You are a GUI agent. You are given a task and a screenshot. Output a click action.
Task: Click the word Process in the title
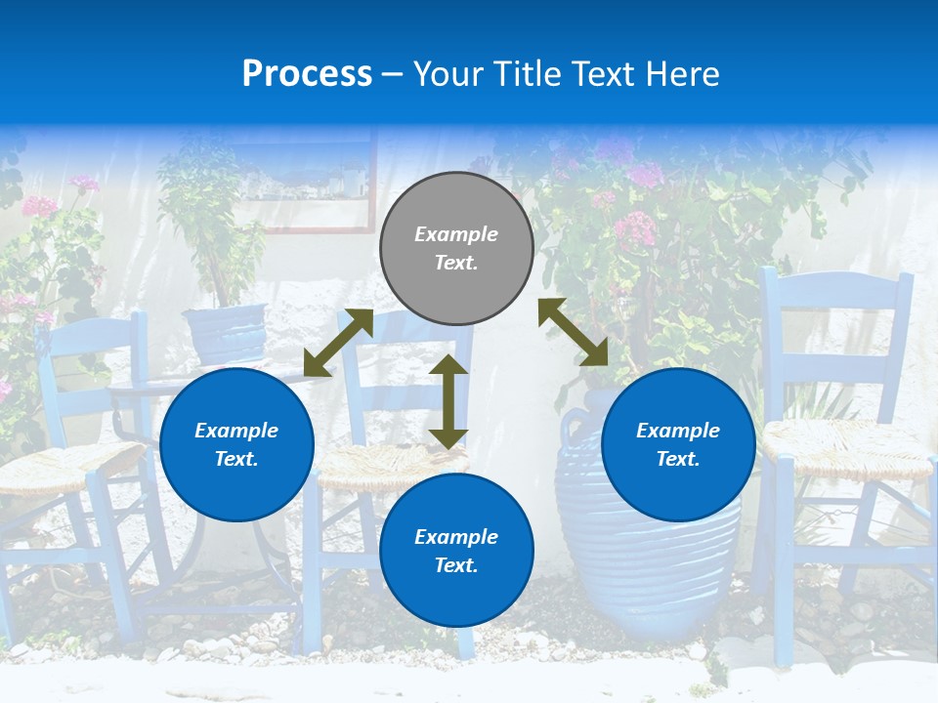(x=307, y=74)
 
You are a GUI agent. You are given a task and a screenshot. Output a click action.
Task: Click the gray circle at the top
(x=456, y=248)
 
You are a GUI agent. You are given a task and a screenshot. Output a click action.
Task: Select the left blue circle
(x=236, y=444)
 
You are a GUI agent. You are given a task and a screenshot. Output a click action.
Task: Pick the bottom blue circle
(x=456, y=551)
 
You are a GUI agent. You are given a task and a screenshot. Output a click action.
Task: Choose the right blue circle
(x=678, y=444)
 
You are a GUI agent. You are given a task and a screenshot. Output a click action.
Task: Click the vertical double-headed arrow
(x=448, y=401)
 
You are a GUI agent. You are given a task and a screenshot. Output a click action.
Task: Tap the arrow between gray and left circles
(x=338, y=342)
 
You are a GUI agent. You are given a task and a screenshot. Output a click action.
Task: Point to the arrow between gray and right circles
(x=574, y=332)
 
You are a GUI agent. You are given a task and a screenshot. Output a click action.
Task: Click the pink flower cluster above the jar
(x=635, y=227)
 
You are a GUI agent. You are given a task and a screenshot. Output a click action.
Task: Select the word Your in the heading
(x=448, y=74)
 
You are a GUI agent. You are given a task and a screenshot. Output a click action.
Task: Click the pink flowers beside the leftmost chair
(x=39, y=207)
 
